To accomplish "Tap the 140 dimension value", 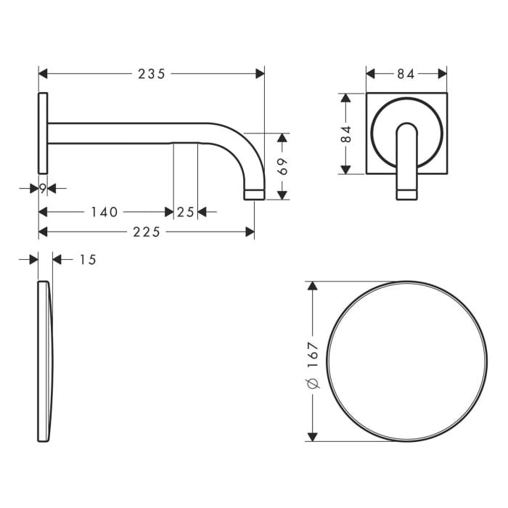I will pos(105,212).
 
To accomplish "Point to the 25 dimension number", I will pos(185,212).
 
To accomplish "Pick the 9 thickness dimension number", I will pos(43,189).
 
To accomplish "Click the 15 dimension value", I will pos(87,260).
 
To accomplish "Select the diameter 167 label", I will pos(313,362).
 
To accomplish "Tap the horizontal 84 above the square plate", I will pos(406,73).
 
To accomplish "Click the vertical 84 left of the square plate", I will pos(346,134).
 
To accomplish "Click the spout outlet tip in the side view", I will pos(254,194).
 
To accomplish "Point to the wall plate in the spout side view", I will pos(43,133).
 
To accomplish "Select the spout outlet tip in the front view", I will pos(406,193).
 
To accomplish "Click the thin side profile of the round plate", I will pos(44,361).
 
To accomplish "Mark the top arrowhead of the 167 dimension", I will pos(313,286).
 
